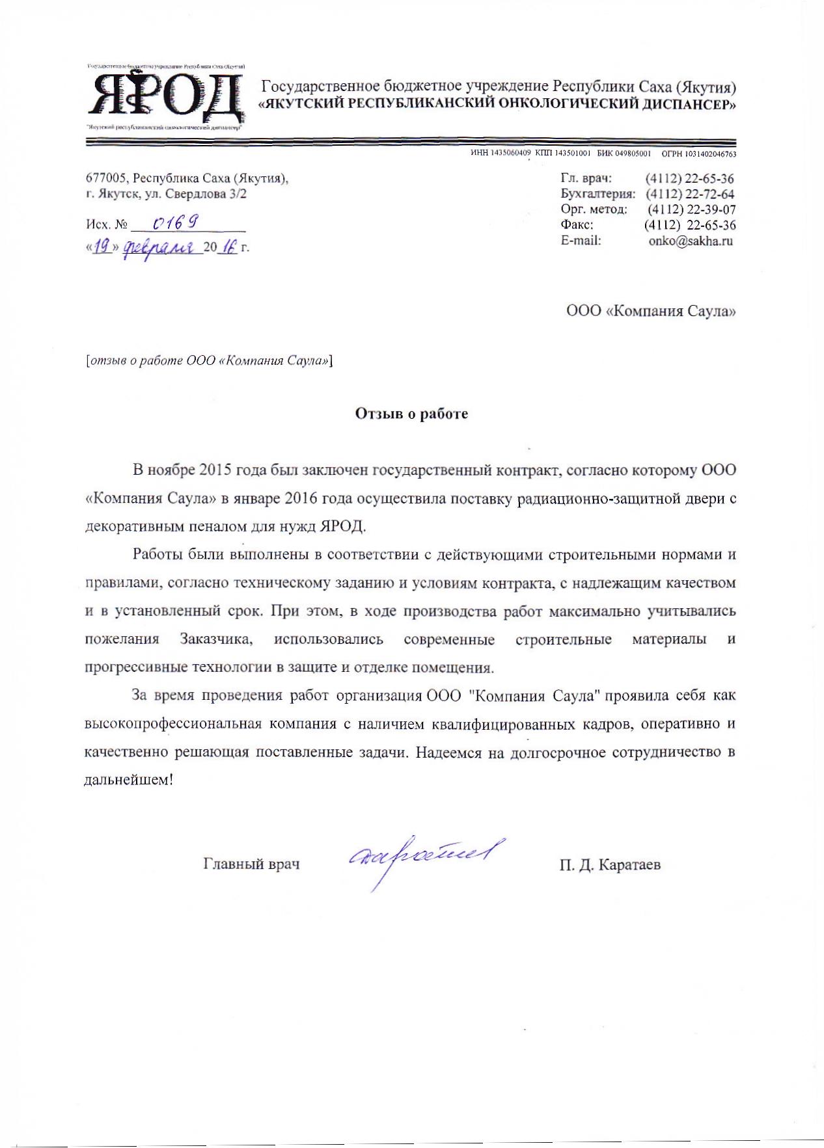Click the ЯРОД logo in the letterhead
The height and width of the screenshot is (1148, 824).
point(165,98)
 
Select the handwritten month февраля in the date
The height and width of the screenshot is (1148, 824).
point(159,248)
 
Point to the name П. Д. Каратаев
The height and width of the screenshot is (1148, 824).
point(609,864)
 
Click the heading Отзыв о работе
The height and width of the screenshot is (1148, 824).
point(411,414)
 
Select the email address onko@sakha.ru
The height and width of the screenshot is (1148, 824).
point(691,241)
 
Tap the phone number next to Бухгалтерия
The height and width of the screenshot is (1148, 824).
point(690,194)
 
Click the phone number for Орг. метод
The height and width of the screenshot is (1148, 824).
point(691,209)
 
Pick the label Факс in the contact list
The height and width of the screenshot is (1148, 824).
point(577,225)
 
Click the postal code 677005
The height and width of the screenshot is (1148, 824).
point(104,178)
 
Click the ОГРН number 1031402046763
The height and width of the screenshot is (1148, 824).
point(714,154)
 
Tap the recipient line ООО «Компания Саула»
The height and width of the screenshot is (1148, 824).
point(651,311)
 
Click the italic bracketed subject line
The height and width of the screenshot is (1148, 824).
point(209,360)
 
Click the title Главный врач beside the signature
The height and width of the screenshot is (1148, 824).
point(251,864)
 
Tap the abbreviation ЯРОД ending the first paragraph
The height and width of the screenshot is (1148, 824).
point(344,526)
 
